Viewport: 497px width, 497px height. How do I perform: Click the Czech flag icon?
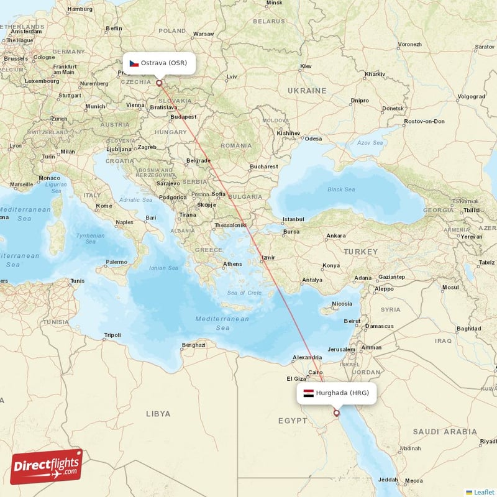point(134,63)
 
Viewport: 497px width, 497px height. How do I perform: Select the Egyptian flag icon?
point(308,393)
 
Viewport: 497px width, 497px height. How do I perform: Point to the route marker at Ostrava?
point(159,83)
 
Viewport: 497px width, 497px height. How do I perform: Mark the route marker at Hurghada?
point(337,413)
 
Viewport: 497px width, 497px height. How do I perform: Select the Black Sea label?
point(342,189)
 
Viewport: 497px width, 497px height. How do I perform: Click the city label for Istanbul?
point(293,219)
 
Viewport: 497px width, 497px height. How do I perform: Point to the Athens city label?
point(233,264)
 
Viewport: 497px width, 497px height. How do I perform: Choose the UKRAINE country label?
point(307,91)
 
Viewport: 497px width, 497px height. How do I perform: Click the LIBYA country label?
point(158,413)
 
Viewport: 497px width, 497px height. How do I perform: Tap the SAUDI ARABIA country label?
point(445,432)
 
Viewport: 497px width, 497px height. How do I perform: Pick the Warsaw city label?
point(204,34)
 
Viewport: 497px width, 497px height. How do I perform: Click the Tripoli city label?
point(112,335)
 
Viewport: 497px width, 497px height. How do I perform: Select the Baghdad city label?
point(468,328)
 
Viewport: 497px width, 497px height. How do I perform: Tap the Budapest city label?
point(184,116)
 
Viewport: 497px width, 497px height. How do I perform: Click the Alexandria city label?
point(308,357)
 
